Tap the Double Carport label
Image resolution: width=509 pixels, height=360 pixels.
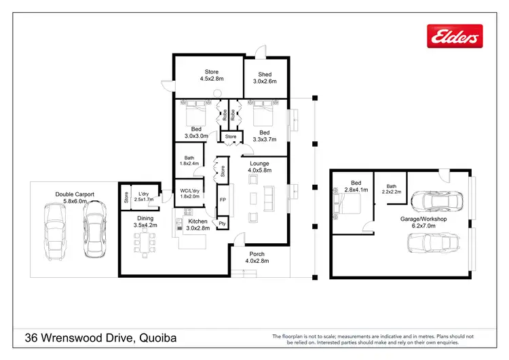pos(75,198)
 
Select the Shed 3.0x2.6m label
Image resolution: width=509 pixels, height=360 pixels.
pos(264,77)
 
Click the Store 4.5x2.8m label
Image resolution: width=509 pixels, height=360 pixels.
pos(212,75)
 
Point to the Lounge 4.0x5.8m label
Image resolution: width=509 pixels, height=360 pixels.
pos(259,167)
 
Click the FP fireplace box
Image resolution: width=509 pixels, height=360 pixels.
pos(222,200)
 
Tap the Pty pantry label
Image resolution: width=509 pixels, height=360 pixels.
pos(222,223)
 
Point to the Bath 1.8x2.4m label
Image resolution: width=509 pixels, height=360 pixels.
pos(189,160)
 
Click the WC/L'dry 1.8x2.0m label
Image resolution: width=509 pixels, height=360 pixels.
pos(189,194)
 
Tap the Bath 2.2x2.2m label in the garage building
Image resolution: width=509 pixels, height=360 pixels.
pos(392,190)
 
